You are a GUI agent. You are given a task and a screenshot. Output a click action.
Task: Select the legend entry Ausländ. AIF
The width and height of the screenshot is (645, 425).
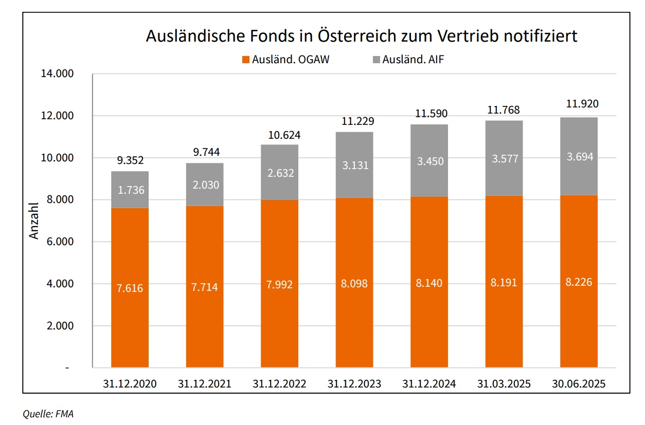click(x=407, y=59)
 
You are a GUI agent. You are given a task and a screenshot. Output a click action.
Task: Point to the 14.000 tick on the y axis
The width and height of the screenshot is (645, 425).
click(x=57, y=74)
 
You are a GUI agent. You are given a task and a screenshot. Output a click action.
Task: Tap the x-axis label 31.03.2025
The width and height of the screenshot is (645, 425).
click(x=504, y=384)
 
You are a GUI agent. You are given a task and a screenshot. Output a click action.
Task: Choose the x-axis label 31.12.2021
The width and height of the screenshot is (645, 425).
click(x=205, y=384)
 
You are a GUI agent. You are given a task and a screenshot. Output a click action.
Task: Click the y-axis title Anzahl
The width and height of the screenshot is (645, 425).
click(x=34, y=220)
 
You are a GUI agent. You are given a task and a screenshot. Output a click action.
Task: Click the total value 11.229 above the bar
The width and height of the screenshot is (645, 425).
click(x=354, y=122)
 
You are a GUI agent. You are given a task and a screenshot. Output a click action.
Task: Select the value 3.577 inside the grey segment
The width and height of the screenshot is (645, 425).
click(x=504, y=159)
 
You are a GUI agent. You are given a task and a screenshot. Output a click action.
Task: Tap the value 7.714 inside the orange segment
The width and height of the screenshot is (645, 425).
click(x=205, y=287)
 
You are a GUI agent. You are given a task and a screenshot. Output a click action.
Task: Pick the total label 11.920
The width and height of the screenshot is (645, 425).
click(x=579, y=104)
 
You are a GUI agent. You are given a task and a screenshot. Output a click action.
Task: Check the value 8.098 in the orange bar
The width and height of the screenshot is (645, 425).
click(x=354, y=284)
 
